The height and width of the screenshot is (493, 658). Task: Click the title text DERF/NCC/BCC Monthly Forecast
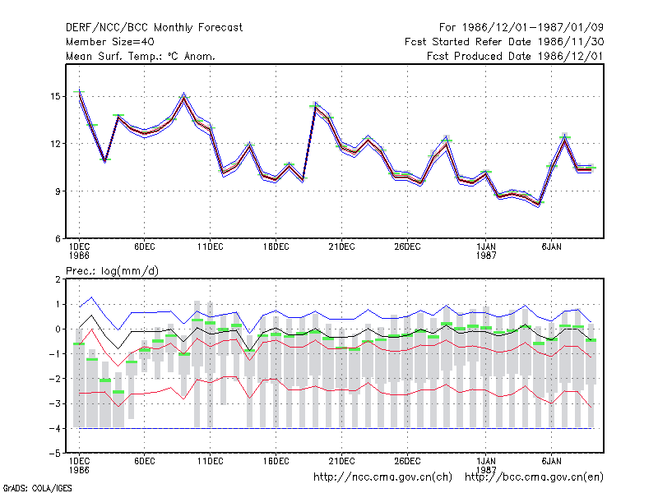point(154,28)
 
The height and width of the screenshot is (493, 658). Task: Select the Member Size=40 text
point(110,42)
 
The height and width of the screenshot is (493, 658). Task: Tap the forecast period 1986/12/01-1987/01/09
point(521,28)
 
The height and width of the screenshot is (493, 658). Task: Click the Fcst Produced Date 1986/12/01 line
point(515,56)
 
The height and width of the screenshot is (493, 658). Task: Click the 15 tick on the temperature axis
point(55,96)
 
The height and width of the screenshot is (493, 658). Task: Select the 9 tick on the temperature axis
point(58,191)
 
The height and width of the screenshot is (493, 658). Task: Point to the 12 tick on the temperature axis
point(55,144)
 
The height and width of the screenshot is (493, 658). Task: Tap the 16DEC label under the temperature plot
point(276,246)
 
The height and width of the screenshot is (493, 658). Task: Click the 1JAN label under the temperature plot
point(486,246)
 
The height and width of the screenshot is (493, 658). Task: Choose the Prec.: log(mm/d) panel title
point(112,271)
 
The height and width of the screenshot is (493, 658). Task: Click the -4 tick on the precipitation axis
point(54,428)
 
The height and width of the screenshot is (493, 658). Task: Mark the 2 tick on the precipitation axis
point(58,279)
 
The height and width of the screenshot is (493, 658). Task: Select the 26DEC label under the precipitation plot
point(407,461)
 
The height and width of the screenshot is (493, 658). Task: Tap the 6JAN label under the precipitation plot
point(551,461)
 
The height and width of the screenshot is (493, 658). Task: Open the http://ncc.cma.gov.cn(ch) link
point(382,477)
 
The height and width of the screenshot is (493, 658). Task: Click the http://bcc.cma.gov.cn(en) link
point(534,477)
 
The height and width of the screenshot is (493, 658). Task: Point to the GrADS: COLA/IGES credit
point(37,488)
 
